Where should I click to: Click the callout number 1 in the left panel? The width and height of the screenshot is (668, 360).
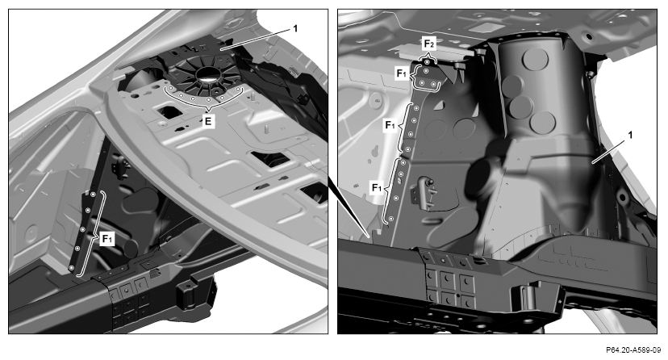[295, 29]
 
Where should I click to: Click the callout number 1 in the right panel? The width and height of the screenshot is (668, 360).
[630, 135]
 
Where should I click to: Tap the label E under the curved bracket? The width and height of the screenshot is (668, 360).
[208, 121]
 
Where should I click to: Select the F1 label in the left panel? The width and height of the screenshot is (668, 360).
[107, 239]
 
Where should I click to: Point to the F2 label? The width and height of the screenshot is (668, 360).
[428, 44]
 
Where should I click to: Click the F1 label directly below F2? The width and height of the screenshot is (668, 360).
[402, 73]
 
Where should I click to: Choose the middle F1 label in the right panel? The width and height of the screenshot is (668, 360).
[390, 125]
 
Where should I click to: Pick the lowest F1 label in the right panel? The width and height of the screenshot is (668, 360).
[378, 187]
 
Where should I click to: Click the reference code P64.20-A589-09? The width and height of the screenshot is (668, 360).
[633, 350]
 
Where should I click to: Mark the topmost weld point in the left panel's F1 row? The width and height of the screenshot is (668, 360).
[93, 195]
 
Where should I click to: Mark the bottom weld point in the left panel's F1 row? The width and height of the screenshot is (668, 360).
[71, 268]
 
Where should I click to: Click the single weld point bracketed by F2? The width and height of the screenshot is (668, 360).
[427, 62]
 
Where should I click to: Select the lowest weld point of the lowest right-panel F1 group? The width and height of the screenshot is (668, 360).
[390, 219]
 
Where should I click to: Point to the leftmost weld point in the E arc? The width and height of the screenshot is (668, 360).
[171, 88]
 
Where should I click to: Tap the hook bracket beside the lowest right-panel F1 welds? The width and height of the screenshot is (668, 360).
[423, 192]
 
